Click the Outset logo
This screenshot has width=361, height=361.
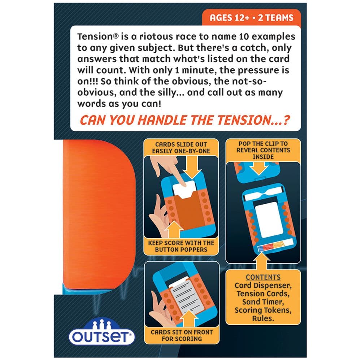101,333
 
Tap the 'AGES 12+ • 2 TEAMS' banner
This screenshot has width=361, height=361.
251,17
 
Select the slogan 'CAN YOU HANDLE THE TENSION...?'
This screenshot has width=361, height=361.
185,120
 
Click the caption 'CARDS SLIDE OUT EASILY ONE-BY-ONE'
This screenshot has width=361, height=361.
181,148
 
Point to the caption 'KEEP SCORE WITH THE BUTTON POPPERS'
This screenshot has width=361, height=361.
181,246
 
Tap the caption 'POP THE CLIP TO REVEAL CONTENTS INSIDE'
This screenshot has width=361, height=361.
263,150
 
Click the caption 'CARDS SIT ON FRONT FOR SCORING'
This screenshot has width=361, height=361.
182,335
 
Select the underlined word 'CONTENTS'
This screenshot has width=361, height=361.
263,277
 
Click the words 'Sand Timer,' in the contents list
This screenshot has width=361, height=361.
263,302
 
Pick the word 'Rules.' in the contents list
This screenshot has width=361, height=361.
263,318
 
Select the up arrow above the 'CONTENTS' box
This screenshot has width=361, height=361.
261,261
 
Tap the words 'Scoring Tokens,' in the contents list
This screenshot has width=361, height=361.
263,310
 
